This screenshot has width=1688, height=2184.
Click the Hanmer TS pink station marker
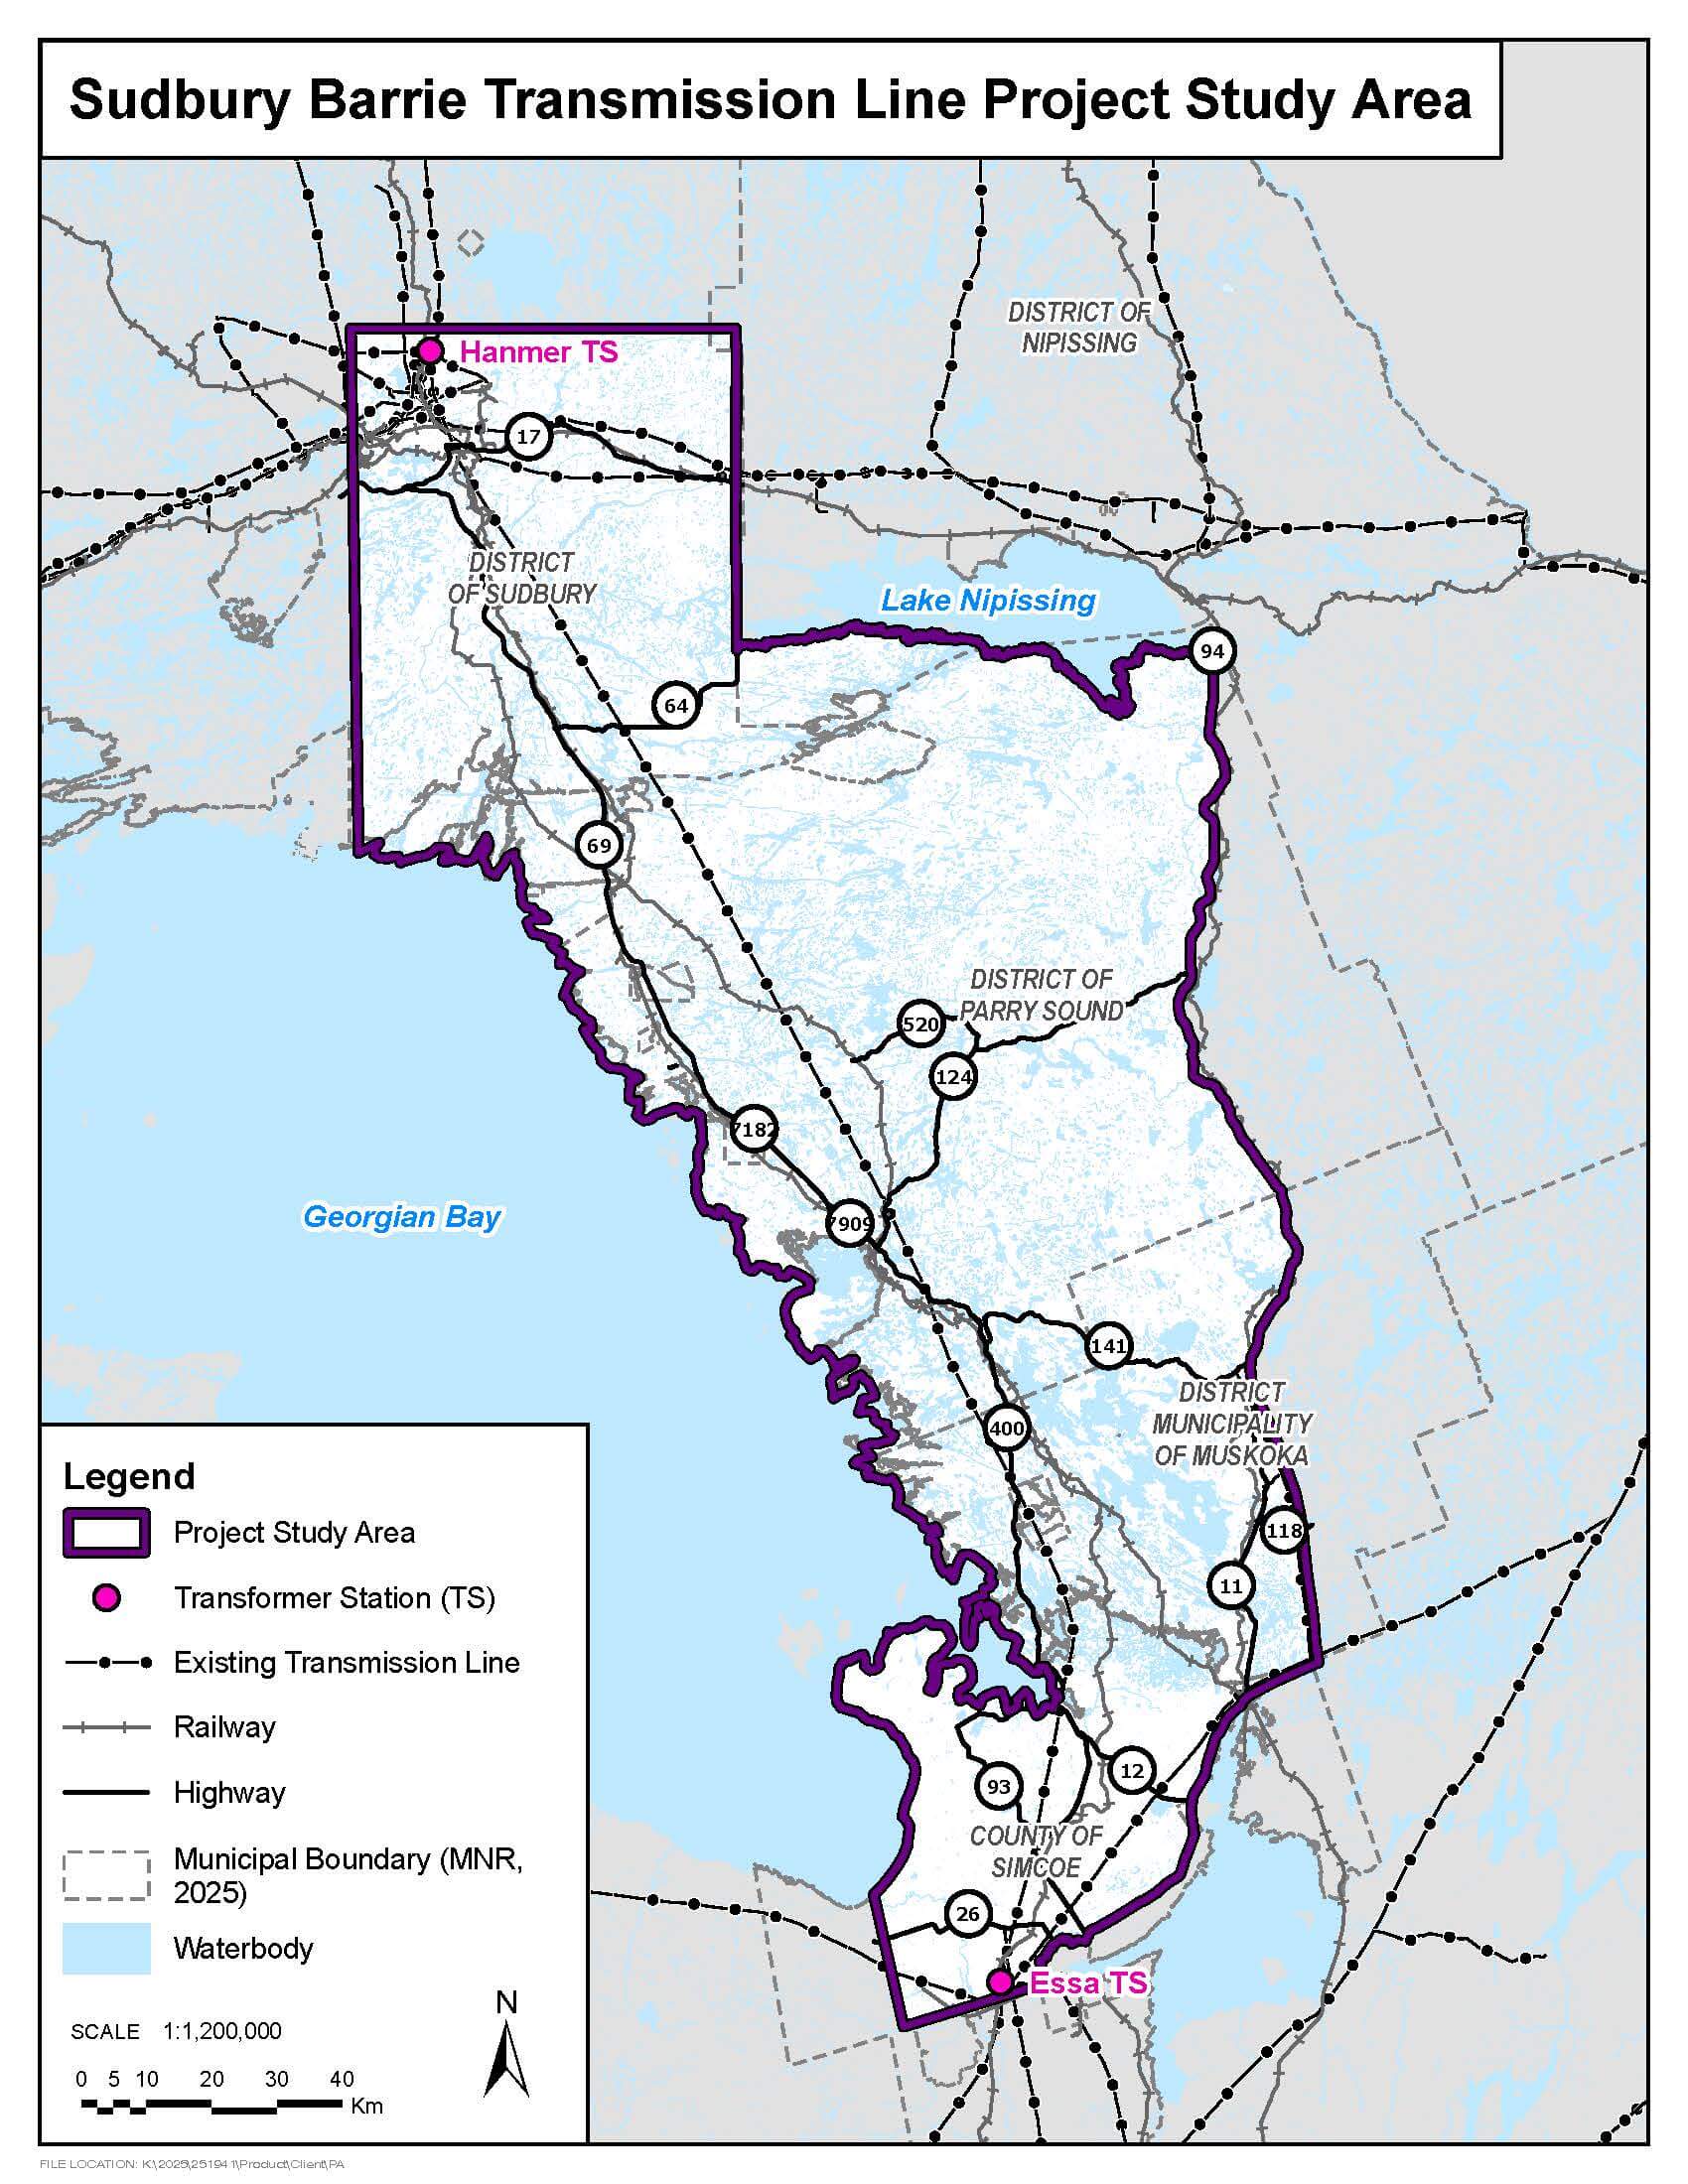[430, 351]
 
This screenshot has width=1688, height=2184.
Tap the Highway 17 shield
[528, 436]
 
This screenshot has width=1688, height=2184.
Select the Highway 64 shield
[676, 706]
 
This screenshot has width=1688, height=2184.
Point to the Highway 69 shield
[598, 846]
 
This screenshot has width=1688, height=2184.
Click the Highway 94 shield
[1212, 652]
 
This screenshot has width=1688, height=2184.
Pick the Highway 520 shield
[920, 1024]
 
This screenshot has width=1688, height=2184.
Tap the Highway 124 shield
[953, 1077]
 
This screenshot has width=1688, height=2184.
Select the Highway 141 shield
[1109, 1346]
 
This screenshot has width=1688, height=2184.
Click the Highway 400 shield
[1006, 1428]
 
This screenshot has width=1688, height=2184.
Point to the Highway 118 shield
[1284, 1531]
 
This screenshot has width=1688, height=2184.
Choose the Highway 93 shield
[998, 1787]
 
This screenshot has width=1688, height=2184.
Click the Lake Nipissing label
[988, 601]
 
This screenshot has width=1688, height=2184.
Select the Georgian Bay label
[401, 1217]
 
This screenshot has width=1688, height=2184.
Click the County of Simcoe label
[1036, 1851]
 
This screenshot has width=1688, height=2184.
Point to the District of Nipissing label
[1079, 328]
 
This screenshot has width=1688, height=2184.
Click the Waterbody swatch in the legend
[106, 1948]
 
